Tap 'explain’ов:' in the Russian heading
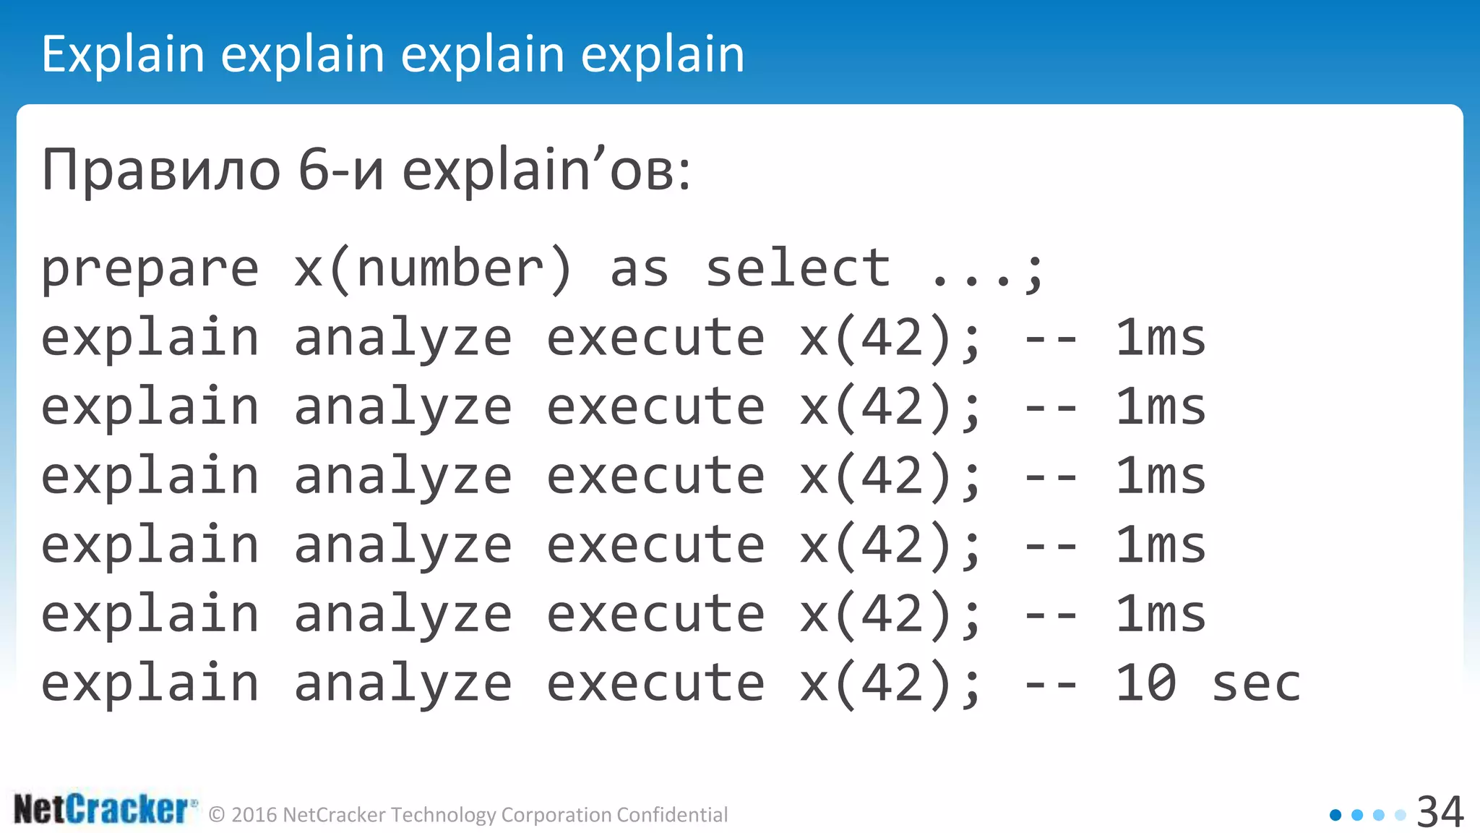click(x=546, y=171)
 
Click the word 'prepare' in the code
click(x=150, y=269)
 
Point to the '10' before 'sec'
click(x=1145, y=683)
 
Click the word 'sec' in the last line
click(x=1256, y=683)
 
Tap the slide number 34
click(x=1440, y=812)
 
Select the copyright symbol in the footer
click(x=216, y=815)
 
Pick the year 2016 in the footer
click(x=254, y=815)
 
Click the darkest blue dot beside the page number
click(x=1335, y=815)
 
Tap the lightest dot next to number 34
click(x=1401, y=815)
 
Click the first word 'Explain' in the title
click(x=123, y=54)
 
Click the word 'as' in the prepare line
click(x=640, y=269)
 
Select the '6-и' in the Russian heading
click(x=340, y=171)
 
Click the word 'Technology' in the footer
click(x=444, y=815)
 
